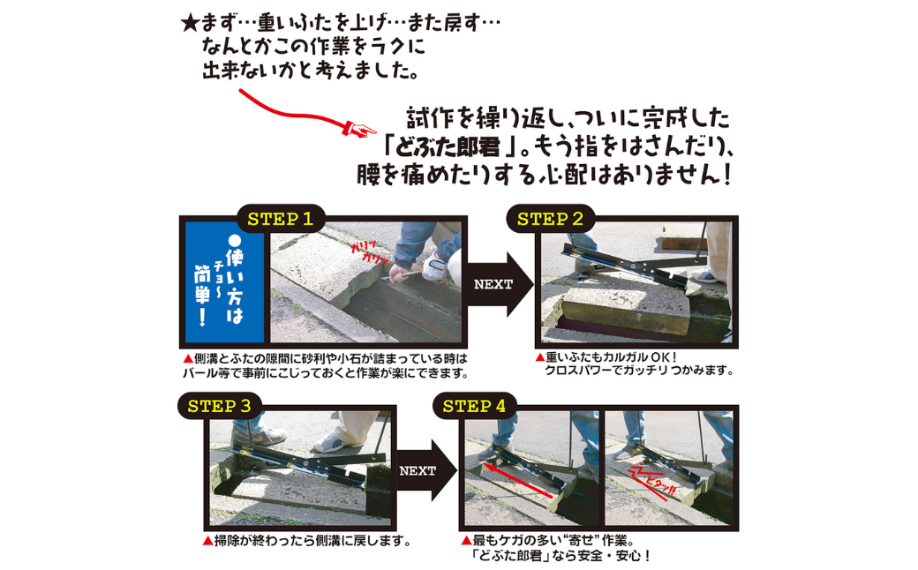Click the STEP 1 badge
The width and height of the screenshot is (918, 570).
[x=281, y=220]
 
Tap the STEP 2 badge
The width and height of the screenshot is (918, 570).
[x=550, y=220]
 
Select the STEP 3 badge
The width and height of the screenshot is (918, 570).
[x=220, y=406]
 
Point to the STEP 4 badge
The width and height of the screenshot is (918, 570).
[x=474, y=406]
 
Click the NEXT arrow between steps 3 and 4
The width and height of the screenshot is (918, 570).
[x=425, y=470]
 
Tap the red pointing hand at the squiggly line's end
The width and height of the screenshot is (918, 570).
[x=359, y=129]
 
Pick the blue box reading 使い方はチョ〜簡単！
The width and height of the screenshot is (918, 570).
[x=225, y=281]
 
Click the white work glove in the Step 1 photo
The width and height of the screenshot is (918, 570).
[x=435, y=266]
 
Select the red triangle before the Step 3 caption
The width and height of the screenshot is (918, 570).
[x=207, y=541]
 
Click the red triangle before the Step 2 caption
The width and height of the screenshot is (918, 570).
[x=540, y=357]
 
